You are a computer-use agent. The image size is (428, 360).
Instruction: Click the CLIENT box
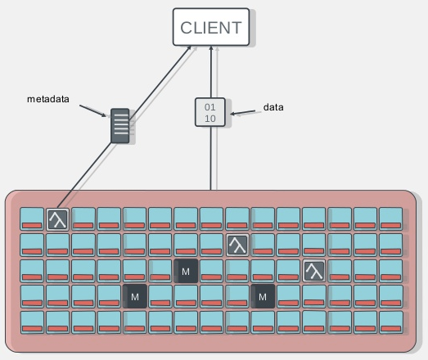coord(211,27)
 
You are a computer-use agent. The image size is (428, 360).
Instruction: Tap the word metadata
coord(48,99)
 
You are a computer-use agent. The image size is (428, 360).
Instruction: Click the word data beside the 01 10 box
coord(273,107)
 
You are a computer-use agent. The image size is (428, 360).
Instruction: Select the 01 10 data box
coord(210,112)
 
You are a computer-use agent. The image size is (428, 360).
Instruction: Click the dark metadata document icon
coord(120,125)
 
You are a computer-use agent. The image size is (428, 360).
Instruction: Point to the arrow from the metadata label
coord(92,110)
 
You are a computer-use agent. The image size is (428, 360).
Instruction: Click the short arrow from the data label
coord(243,112)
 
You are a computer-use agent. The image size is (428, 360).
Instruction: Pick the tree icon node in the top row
coord(57,219)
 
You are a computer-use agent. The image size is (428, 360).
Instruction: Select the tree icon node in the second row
coord(237,245)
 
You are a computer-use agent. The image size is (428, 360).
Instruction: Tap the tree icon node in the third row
coord(314,271)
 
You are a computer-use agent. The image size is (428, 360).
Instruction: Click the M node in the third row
coord(186,271)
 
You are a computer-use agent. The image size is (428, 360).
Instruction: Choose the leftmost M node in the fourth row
coord(135,296)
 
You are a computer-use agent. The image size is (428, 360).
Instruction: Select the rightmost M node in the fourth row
coord(263,296)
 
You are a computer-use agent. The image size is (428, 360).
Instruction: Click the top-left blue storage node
coord(32,218)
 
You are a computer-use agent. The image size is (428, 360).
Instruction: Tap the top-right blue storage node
coord(390,218)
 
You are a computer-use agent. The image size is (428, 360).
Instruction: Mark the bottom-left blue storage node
coord(32,322)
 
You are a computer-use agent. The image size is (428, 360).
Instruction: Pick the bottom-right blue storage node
coord(390,322)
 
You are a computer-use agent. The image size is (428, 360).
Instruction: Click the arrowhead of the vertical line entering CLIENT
coord(210,48)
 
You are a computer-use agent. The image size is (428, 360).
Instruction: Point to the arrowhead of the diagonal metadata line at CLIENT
coord(189,48)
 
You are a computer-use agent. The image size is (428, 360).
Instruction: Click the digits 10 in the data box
coord(210,119)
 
